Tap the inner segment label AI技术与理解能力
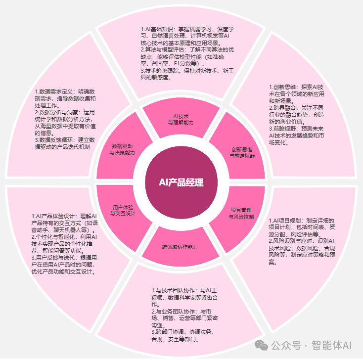[x=181, y=119]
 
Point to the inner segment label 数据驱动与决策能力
[x=122, y=149]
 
